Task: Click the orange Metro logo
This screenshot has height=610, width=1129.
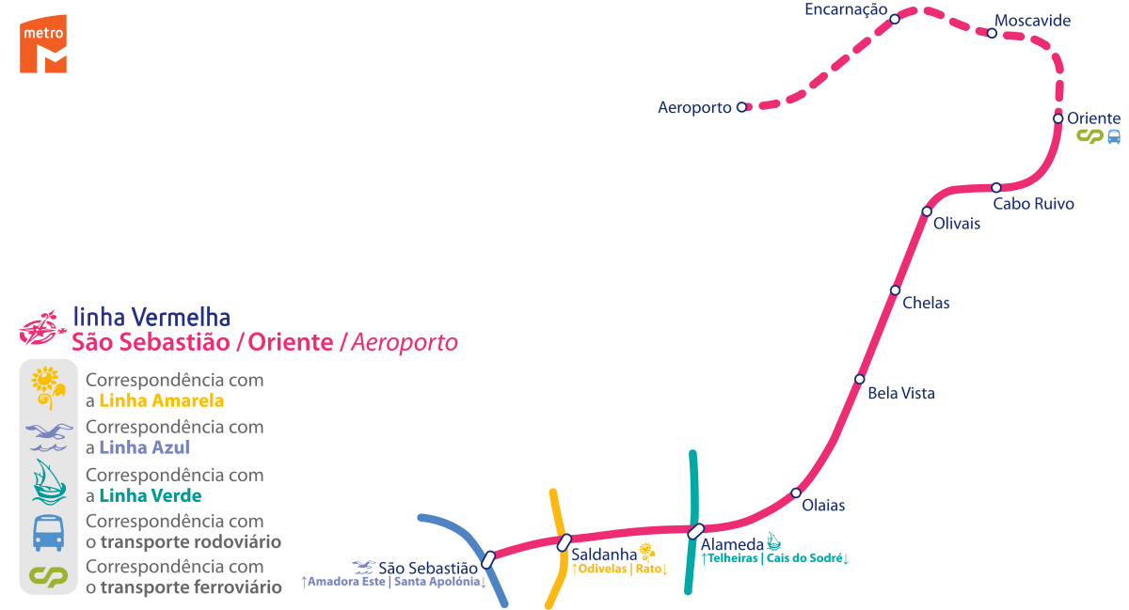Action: (x=43, y=43)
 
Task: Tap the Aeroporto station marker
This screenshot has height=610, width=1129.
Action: (x=741, y=107)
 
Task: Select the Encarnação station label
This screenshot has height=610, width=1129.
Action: (x=846, y=9)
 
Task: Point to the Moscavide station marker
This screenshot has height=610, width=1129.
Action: (x=992, y=33)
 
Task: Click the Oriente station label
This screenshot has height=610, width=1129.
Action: (x=1093, y=118)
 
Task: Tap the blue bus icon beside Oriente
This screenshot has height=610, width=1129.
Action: (x=1114, y=136)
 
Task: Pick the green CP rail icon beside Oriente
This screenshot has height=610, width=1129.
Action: (x=1089, y=136)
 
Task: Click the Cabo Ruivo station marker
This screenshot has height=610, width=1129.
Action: (x=996, y=187)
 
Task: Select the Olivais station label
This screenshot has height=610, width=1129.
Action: (x=957, y=224)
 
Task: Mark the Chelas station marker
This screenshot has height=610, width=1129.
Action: (x=895, y=289)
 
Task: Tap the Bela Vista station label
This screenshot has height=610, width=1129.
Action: (x=901, y=393)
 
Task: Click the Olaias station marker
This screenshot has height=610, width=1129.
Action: (x=796, y=493)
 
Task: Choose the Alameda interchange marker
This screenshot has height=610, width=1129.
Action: (x=695, y=531)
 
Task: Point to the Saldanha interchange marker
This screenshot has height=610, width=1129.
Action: (x=564, y=541)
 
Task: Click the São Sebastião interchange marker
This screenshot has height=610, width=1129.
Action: (x=488, y=559)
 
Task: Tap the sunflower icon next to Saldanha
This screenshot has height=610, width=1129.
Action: (x=647, y=551)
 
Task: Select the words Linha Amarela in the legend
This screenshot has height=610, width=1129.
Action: (x=161, y=401)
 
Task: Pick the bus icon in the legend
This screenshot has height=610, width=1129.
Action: (x=48, y=532)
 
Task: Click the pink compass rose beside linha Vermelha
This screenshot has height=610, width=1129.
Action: (x=41, y=331)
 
